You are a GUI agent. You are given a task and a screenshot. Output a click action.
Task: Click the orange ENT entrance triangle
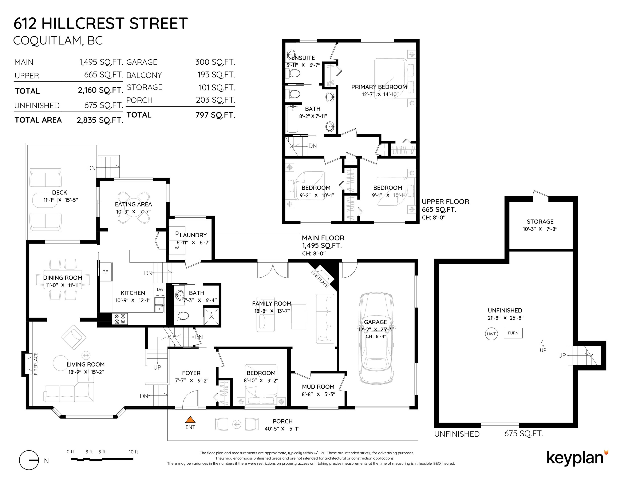[x=190, y=420]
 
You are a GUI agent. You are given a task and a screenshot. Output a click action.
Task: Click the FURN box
[x=513, y=333]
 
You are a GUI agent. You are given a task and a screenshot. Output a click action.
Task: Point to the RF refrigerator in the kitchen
[x=105, y=272]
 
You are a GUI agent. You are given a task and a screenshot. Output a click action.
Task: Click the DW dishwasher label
[x=160, y=289]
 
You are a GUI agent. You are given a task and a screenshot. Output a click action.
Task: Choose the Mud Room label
[x=318, y=387]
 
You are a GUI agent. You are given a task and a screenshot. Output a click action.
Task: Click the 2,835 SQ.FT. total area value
[x=100, y=120]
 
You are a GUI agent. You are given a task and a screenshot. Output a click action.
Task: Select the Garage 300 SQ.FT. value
[x=215, y=62]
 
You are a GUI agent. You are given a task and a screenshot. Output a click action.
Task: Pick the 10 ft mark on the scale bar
[x=133, y=452]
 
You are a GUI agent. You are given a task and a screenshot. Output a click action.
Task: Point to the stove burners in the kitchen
[x=120, y=319]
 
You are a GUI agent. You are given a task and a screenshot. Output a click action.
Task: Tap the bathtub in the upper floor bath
[x=293, y=119]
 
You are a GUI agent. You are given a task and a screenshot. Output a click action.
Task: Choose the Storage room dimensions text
[x=540, y=229]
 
